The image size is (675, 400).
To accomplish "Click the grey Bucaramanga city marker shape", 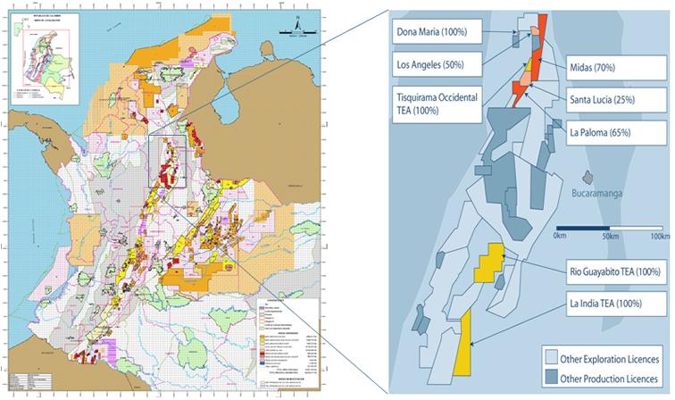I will point(587,177).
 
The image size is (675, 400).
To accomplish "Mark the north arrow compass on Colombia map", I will point(294,27).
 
